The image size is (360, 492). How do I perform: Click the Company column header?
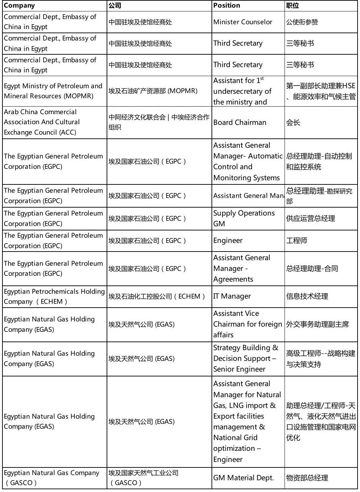[19, 6]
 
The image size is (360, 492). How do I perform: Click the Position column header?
[227, 6]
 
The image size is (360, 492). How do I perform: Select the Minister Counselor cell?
[243, 22]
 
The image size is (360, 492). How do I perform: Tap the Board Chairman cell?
[240, 122]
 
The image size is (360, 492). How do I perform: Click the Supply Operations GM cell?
[244, 218]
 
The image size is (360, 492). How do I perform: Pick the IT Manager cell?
[232, 296]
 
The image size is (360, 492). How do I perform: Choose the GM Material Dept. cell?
[243, 478]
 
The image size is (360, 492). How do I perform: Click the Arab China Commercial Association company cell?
[42, 122]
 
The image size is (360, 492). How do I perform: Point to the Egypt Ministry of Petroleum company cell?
[53, 91]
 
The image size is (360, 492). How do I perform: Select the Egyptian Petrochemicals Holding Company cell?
[54, 297]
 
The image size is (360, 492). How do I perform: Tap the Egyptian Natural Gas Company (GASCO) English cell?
[51, 478]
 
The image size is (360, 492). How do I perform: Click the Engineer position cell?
[228, 240]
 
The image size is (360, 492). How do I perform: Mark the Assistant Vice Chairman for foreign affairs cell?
[247, 324]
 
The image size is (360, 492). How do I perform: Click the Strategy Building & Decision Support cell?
[245, 358]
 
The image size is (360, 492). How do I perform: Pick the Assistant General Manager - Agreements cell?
[242, 268]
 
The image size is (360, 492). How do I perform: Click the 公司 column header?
[115, 6]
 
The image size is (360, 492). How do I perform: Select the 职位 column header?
[292, 6]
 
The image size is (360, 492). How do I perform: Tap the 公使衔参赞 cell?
[302, 22]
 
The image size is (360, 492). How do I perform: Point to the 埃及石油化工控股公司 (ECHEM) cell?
[157, 297]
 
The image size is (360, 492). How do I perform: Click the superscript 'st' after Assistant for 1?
[262, 79]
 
